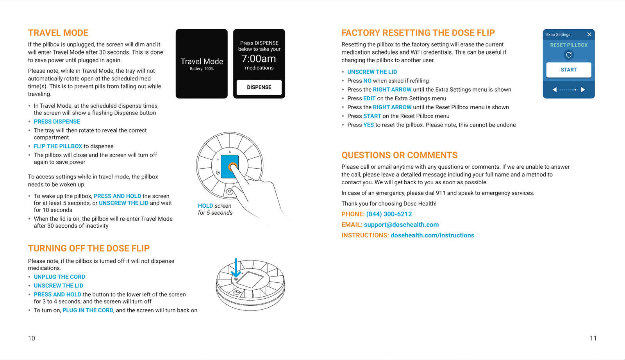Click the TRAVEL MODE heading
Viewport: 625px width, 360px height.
point(58,33)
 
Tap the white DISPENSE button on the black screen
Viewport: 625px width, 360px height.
point(259,87)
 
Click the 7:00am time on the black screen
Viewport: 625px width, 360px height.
point(259,59)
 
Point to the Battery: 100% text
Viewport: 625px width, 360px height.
point(202,69)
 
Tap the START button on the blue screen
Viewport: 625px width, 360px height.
point(568,70)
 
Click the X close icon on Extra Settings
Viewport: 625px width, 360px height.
point(589,34)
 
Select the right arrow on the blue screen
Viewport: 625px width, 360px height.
point(583,90)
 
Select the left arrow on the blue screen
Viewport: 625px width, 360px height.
point(554,90)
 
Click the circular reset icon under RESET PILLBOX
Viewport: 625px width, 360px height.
point(569,55)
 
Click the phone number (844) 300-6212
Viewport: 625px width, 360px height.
point(389,214)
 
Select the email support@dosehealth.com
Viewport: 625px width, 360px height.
point(401,225)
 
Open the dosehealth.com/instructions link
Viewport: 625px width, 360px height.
point(432,235)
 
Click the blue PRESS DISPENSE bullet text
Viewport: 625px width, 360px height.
point(57,121)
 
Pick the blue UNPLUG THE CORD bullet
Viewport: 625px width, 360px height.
point(59,277)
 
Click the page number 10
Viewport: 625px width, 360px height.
point(32,338)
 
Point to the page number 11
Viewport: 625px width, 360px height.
point(593,338)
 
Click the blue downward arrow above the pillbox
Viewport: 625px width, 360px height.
point(236,268)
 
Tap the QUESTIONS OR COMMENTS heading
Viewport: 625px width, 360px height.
point(399,155)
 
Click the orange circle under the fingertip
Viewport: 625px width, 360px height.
point(232,167)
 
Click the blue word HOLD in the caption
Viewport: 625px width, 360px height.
point(205,206)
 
